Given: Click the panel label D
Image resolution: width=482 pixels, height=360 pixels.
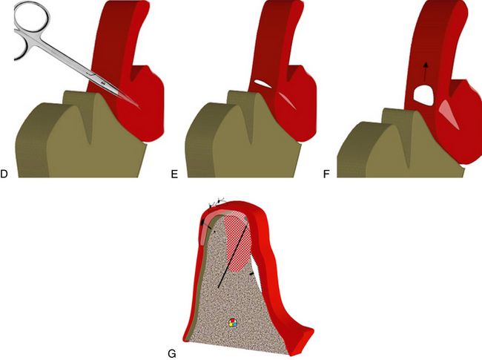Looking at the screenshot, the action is click(x=4, y=174).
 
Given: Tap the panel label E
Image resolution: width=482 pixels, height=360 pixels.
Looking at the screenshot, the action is click(x=174, y=174).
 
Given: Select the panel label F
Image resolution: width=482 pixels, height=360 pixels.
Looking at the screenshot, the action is click(x=326, y=174).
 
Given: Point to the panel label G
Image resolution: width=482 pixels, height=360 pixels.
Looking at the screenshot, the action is click(x=172, y=354).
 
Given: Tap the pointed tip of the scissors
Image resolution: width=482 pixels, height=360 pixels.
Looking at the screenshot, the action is click(x=140, y=108).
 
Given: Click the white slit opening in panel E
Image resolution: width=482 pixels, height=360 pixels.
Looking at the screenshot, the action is click(x=263, y=84).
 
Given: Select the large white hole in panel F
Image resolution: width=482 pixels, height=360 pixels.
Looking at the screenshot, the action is click(x=423, y=95).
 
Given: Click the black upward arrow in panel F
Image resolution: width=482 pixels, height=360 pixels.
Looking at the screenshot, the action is click(x=426, y=72).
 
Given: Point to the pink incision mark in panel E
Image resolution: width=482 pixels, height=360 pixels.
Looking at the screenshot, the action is click(x=288, y=100).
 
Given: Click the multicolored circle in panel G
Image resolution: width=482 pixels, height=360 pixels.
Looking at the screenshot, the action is click(x=233, y=323).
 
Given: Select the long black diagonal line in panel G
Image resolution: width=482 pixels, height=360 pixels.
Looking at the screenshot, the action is click(x=232, y=256).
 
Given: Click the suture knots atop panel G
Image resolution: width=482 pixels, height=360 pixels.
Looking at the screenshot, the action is click(x=217, y=203).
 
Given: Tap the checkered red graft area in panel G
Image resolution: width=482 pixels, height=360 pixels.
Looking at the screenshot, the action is click(x=237, y=243).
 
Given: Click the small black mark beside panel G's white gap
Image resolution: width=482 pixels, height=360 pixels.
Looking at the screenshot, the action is click(x=252, y=274).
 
